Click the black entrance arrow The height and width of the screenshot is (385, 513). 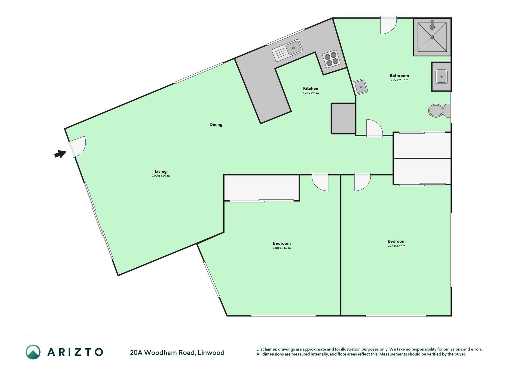coord(60,154)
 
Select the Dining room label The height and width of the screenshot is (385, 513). coord(216,125)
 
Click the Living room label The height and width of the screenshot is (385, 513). coord(160,171)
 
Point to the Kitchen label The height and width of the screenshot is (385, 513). coord(310,88)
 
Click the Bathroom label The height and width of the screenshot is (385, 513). coord(399,75)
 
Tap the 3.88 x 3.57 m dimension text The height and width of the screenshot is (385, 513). coord(282,248)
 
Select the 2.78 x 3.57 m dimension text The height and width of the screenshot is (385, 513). coord(396,246)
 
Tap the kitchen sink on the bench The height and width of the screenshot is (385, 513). coord(287,50)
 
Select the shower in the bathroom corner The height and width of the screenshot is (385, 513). coord(432,37)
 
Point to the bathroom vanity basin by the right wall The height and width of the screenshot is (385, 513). coord(441,76)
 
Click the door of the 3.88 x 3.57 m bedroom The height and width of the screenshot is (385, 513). coord(320,182)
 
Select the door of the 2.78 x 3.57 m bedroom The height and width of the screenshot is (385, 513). coord(362,182)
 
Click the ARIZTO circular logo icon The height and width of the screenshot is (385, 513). coord(33,352)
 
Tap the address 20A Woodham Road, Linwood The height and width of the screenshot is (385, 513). coord(177,353)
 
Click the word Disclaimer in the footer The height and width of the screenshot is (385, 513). coord(266,349)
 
